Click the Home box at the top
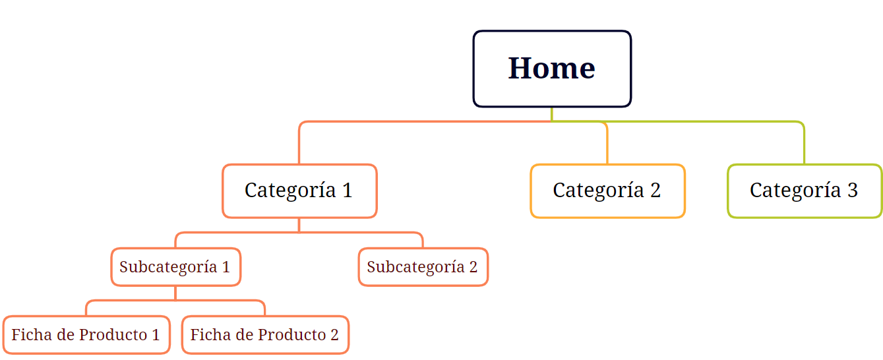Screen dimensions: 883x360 (x=552, y=69)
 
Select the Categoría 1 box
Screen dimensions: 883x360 (x=299, y=191)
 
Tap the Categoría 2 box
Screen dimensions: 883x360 (x=608, y=191)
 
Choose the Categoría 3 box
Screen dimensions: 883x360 (x=805, y=191)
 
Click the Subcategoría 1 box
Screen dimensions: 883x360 (x=176, y=267)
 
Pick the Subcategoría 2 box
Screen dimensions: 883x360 (x=423, y=267)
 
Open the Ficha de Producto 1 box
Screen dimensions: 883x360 (x=86, y=335)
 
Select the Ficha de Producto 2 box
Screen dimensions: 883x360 (x=265, y=335)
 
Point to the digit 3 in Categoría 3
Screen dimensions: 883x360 (x=853, y=191)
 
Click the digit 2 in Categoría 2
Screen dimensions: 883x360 (x=655, y=191)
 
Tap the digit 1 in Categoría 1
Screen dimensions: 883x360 (x=348, y=191)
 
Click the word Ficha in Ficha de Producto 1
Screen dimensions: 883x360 (x=32, y=335)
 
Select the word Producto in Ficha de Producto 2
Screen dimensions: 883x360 (x=287, y=335)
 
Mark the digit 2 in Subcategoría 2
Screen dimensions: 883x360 (x=473, y=267)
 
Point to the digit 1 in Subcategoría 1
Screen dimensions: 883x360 (x=226, y=267)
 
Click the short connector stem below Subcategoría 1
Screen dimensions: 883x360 (x=175, y=293)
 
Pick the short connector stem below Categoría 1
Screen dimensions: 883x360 (x=299, y=225)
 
